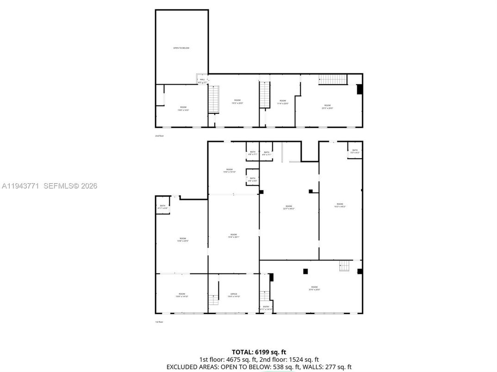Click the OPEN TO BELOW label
pyautogui.click(x=181, y=48)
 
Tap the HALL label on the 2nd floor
pyautogui.click(x=202, y=81)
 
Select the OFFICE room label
pyautogui.click(x=234, y=295)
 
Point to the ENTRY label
pyautogui.click(x=266, y=308)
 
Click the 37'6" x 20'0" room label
pyautogui.click(x=314, y=288)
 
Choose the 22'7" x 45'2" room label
pyautogui.click(x=289, y=207)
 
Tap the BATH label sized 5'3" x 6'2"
pyautogui.click(x=355, y=151)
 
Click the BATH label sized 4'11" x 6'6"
pyautogui.click(x=162, y=207)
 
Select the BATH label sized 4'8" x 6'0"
pyautogui.click(x=252, y=180)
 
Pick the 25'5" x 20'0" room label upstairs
pyautogui.click(x=327, y=106)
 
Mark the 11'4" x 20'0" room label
pyautogui.click(x=283, y=102)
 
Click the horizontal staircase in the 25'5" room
pyautogui.click(x=332, y=79)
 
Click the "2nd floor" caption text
pyautogui.click(x=159, y=136)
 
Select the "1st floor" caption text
pyautogui.click(x=159, y=322)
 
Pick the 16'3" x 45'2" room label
pyautogui.click(x=340, y=205)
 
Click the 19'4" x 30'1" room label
pyautogui.click(x=234, y=236)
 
